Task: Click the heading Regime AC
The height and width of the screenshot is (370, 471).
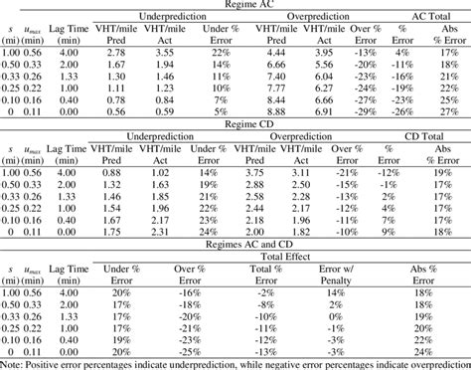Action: [235, 5]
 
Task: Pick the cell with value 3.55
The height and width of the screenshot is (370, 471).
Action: [164, 51]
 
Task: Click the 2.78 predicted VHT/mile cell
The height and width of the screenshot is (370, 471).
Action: [113, 51]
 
